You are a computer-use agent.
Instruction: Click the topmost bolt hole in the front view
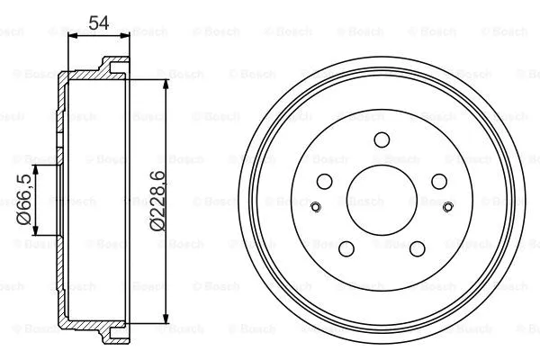coord(381,139)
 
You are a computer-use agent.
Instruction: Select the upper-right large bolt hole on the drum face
coord(438,181)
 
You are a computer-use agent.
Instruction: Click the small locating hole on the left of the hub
coord(314,209)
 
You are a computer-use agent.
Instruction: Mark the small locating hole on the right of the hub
coord(447,209)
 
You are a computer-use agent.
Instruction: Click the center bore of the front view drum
coord(381,200)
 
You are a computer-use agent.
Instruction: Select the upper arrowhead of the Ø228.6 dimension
coord(166,84)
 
